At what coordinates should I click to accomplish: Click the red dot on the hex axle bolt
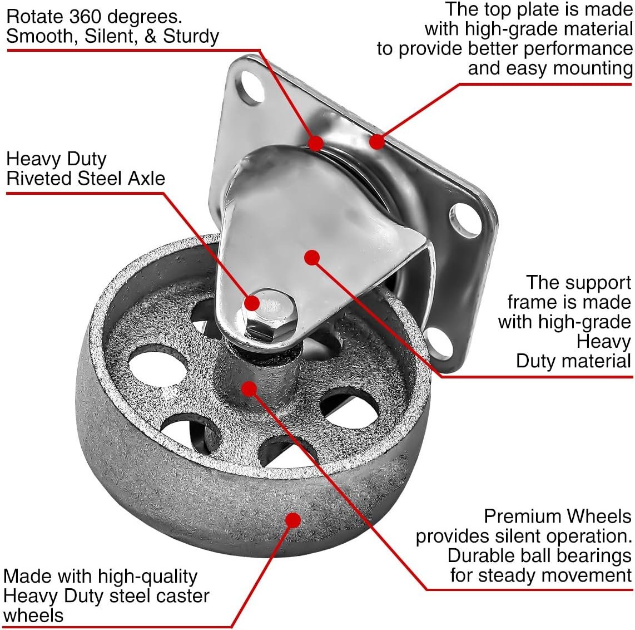click(x=252, y=303)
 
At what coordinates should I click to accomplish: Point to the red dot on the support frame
click(x=312, y=257)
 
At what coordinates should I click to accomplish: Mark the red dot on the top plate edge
click(x=377, y=142)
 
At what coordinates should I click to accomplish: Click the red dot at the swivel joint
click(x=316, y=143)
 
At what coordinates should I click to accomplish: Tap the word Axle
click(x=147, y=178)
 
